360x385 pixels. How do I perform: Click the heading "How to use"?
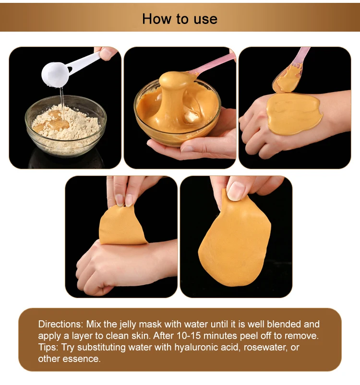click(x=180, y=19)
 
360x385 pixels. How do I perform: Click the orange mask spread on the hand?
click(x=293, y=113)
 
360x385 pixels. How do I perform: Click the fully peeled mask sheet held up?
click(x=235, y=245)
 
